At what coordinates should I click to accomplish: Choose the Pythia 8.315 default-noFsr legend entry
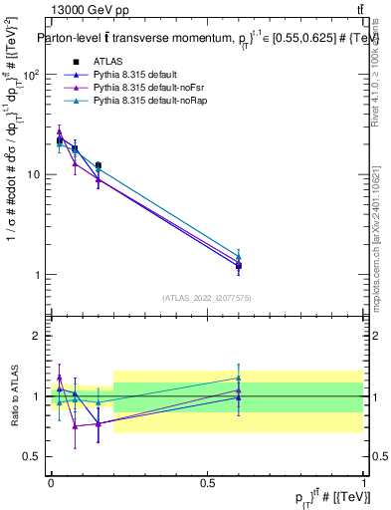(142, 89)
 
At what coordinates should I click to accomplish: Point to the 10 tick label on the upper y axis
(33, 175)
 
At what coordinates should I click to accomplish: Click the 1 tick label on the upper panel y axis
(39, 275)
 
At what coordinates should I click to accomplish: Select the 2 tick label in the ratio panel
(39, 337)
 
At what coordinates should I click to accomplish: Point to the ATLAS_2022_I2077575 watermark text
(207, 298)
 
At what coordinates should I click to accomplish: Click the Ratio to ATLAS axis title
(13, 396)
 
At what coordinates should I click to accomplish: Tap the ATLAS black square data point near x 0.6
(239, 266)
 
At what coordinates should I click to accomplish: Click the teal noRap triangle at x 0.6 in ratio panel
(239, 378)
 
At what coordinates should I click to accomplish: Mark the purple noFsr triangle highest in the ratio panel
(60, 378)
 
